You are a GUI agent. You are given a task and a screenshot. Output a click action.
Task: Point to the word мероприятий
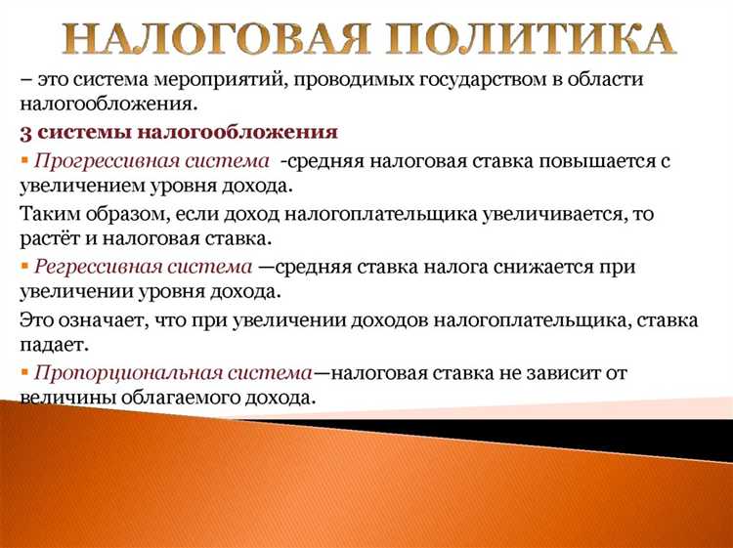[224, 79]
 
